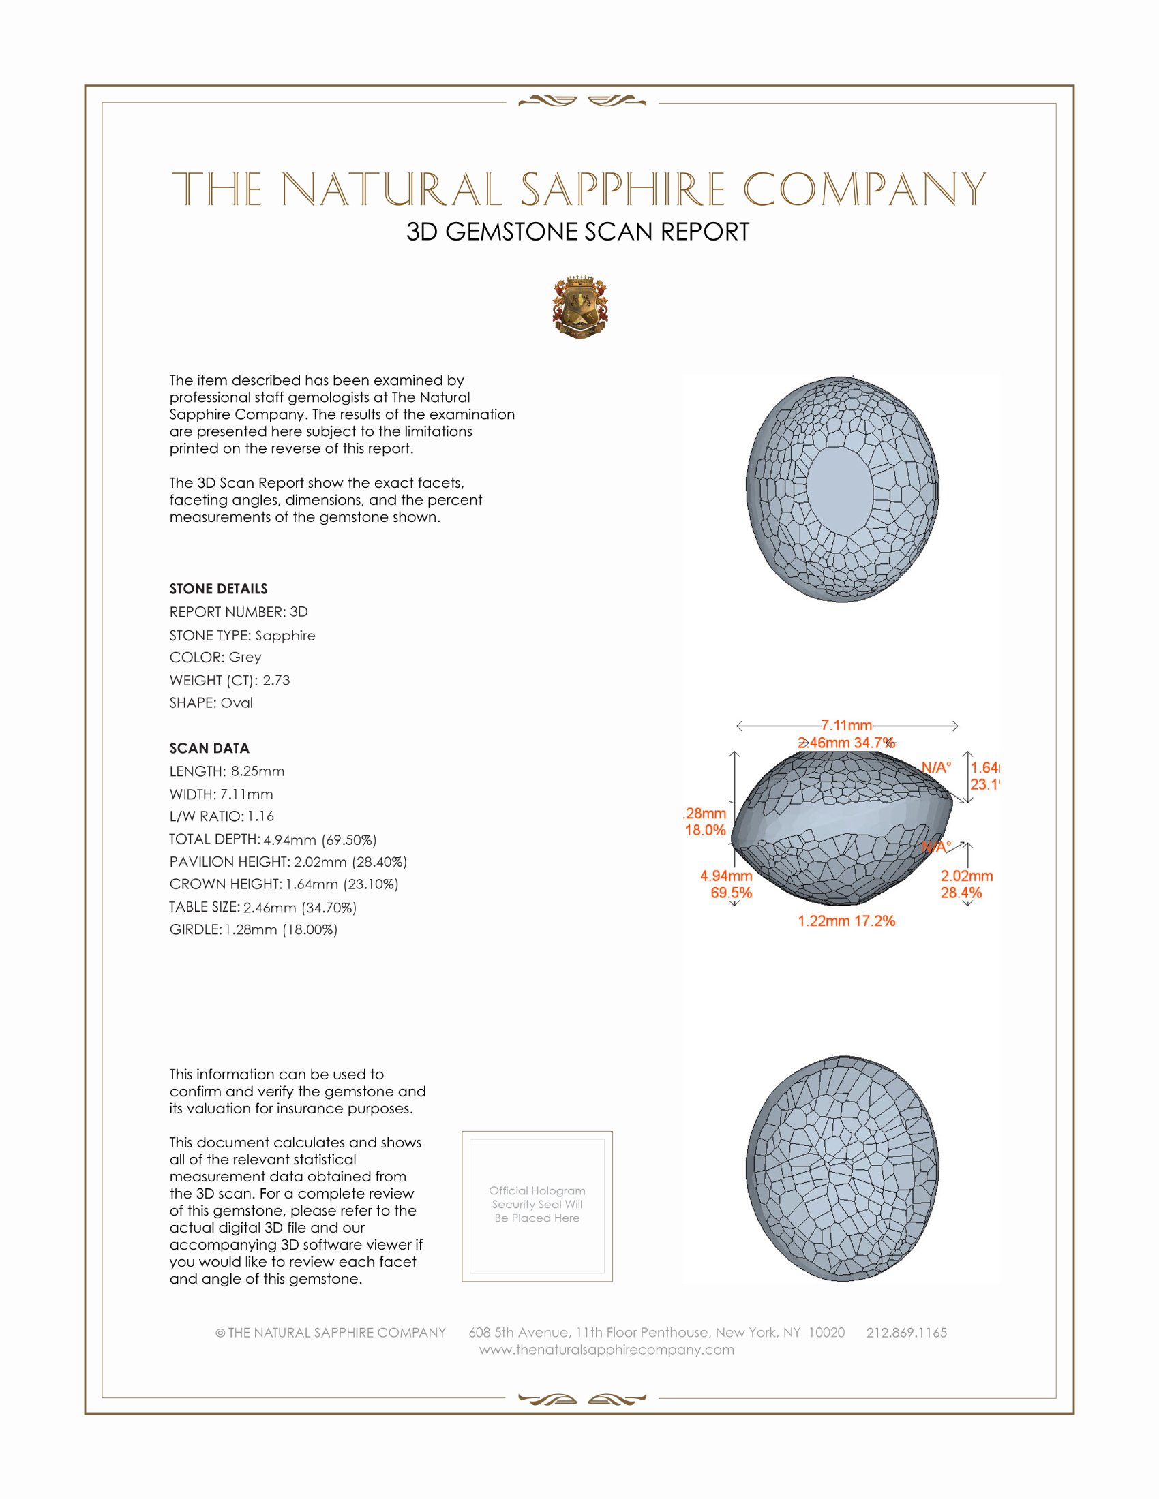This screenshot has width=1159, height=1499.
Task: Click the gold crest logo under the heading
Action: pos(580,307)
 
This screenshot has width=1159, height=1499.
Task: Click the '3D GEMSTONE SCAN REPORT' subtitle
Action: pos(577,232)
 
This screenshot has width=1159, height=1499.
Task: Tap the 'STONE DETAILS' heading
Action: pos(218,589)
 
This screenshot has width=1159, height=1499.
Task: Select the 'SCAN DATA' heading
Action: pos(209,748)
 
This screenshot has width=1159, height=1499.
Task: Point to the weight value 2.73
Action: pos(276,680)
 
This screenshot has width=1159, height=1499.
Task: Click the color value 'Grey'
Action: pos(245,658)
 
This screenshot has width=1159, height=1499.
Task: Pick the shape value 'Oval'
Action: pos(237,703)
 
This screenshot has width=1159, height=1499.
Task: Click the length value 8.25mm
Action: pos(258,771)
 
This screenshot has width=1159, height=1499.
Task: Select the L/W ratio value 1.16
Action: pos(261,816)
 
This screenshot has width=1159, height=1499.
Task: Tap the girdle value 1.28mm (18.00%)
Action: pos(282,930)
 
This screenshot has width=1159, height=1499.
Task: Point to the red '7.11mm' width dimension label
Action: pos(846,726)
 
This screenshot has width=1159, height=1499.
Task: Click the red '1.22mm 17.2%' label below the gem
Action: pos(846,921)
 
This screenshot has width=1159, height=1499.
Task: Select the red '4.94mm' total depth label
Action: pos(726,876)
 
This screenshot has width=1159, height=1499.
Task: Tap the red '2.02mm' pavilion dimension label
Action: pos(967,876)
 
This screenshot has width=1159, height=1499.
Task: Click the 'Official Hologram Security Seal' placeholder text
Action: pos(537,1204)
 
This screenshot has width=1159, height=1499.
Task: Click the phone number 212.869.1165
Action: pos(906,1332)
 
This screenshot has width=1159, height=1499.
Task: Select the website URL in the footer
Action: pos(606,1349)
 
